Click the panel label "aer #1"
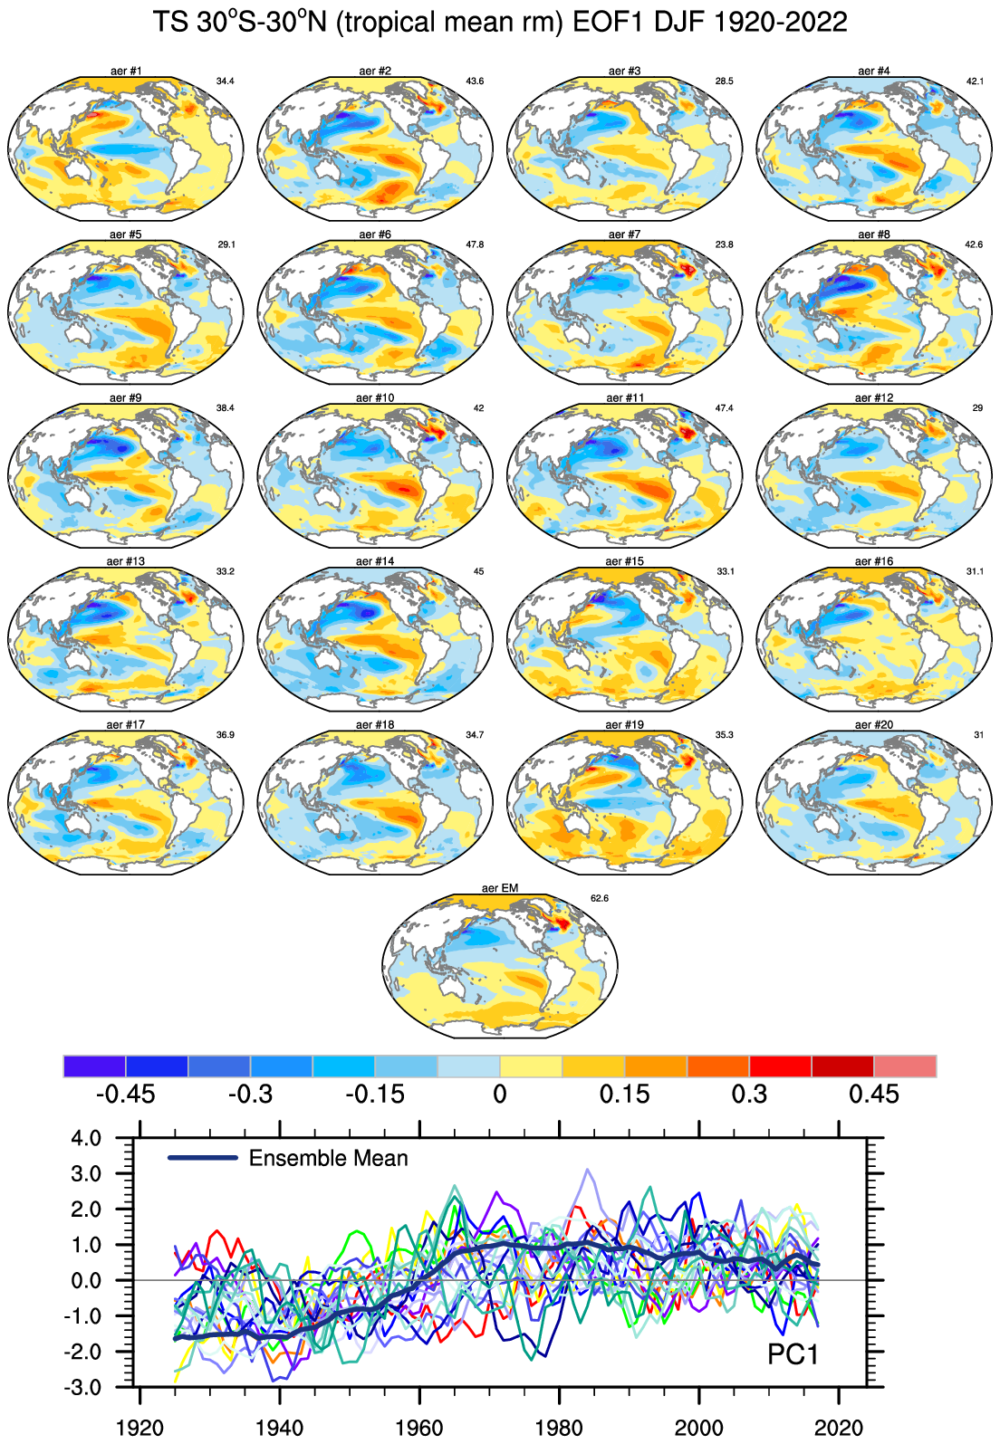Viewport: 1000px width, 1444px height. coord(125,71)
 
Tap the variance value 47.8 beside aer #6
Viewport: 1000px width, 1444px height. coord(475,244)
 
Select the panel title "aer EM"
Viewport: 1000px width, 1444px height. coord(500,888)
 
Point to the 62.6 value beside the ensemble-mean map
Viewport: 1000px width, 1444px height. coord(600,898)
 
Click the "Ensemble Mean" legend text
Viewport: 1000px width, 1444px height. coord(328,1159)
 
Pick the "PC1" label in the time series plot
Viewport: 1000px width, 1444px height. coord(793,1354)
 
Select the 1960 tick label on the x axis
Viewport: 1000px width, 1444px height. coord(420,1429)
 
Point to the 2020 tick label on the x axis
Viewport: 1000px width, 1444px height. coord(839,1429)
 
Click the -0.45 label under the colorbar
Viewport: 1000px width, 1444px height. coord(125,1095)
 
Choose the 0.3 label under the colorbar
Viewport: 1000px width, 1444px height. coord(749,1095)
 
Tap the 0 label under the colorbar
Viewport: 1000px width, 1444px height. coord(500,1095)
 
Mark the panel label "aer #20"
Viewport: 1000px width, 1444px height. coord(874,725)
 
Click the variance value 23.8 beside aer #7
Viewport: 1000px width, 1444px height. coord(724,244)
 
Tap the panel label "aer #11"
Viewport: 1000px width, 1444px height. coord(625,397)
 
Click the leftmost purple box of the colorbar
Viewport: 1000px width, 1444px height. coord(95,1066)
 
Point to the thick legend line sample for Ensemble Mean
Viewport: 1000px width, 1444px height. coord(203,1158)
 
